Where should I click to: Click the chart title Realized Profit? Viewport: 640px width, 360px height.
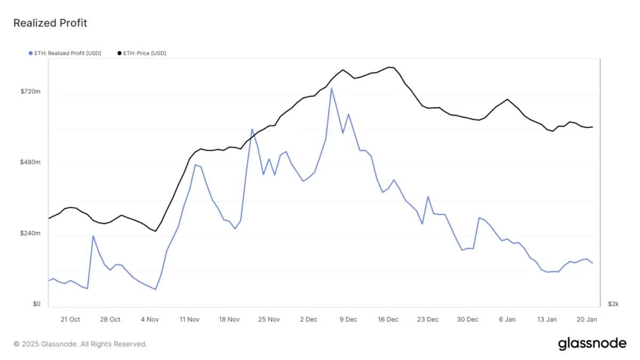click(50, 23)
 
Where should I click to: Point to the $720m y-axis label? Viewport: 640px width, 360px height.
click(30, 92)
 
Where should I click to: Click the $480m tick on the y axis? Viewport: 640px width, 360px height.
click(30, 162)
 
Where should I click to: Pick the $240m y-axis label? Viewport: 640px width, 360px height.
click(30, 233)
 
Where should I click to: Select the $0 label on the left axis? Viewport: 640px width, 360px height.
click(36, 304)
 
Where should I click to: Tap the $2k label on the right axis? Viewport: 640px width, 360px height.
click(613, 304)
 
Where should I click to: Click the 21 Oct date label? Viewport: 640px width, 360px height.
click(70, 319)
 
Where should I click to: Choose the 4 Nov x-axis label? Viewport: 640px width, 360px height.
click(149, 319)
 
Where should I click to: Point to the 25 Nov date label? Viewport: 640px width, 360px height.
click(269, 319)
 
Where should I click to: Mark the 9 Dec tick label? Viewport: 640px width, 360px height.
click(348, 319)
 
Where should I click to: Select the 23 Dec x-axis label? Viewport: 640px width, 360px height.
click(428, 319)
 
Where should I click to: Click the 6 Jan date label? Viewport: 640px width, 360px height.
click(507, 319)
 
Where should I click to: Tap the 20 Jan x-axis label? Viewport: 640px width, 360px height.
click(587, 319)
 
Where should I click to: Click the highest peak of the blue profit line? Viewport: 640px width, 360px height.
click(331, 89)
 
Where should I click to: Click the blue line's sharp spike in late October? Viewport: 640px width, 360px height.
click(93, 236)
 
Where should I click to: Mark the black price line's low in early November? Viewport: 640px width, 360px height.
click(155, 231)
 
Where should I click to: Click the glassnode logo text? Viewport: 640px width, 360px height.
click(592, 344)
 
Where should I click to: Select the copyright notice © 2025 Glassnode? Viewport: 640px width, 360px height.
click(80, 344)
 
